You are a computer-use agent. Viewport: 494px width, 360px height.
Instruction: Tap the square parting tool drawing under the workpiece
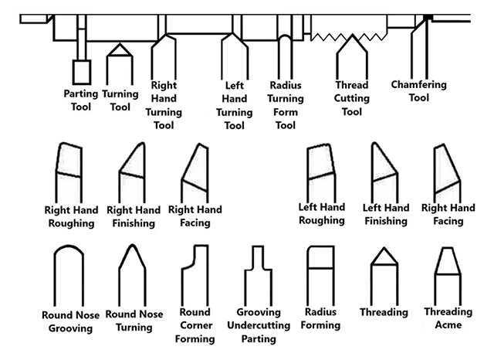[x=81, y=72]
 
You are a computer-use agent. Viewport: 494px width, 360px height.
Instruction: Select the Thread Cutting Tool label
[x=352, y=98]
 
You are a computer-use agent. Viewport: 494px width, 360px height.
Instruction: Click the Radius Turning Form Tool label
[x=285, y=105]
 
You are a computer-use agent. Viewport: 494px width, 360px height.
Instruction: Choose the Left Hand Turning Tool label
[x=234, y=105]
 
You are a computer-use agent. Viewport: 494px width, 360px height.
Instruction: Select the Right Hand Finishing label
[x=133, y=217]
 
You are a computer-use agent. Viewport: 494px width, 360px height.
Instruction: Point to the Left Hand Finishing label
[x=386, y=215]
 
